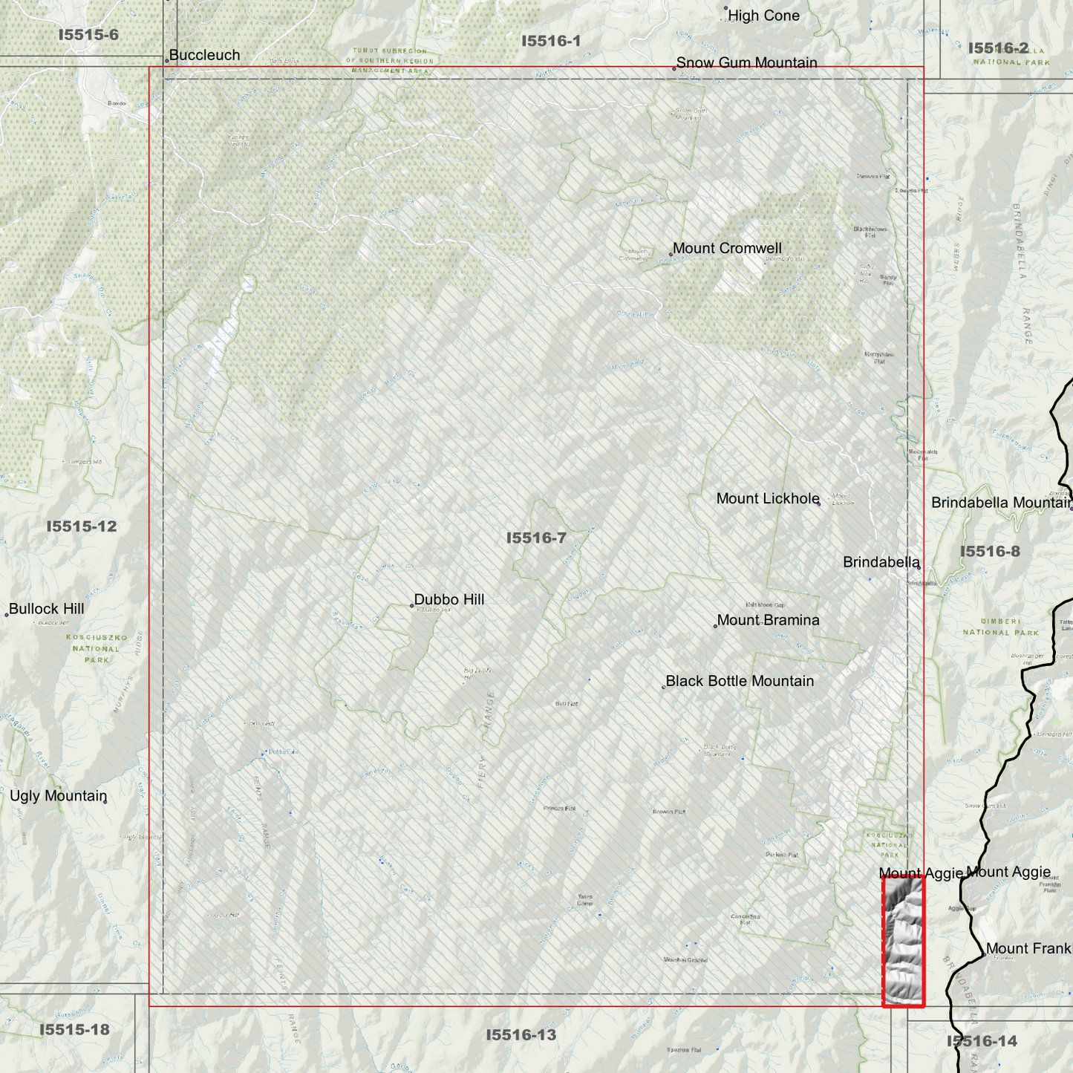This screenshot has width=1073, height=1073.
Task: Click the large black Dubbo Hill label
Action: pyautogui.click(x=449, y=599)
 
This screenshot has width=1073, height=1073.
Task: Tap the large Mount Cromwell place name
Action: pyautogui.click(x=727, y=248)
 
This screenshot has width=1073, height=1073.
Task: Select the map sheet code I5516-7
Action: pyautogui.click(x=536, y=538)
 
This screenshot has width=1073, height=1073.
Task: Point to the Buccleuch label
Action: pyautogui.click(x=204, y=55)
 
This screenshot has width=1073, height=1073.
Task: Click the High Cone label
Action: pyautogui.click(x=763, y=16)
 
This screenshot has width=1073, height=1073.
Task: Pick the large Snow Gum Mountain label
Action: pyautogui.click(x=746, y=62)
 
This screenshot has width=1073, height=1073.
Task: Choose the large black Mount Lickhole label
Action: pyautogui.click(x=768, y=498)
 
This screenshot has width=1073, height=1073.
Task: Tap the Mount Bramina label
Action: pyautogui.click(x=768, y=620)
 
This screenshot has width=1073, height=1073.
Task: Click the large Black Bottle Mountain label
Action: pyautogui.click(x=740, y=681)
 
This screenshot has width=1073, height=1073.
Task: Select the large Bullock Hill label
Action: pyautogui.click(x=46, y=609)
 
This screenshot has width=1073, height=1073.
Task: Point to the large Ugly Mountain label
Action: pyautogui.click(x=59, y=796)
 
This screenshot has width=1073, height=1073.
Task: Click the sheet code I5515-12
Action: pyautogui.click(x=82, y=526)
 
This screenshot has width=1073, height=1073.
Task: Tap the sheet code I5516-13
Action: pyautogui.click(x=521, y=1034)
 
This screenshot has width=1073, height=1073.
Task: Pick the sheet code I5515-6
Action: pyautogui.click(x=88, y=35)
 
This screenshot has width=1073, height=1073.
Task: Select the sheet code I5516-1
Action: pyautogui.click(x=551, y=41)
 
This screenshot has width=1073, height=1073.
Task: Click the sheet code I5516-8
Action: pyautogui.click(x=990, y=551)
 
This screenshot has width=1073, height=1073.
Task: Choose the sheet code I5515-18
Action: pyautogui.click(x=74, y=1029)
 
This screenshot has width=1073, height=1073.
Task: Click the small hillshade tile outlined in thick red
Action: pyautogui.click(x=903, y=941)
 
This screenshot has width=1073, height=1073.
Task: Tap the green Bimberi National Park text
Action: pyautogui.click(x=1000, y=627)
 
